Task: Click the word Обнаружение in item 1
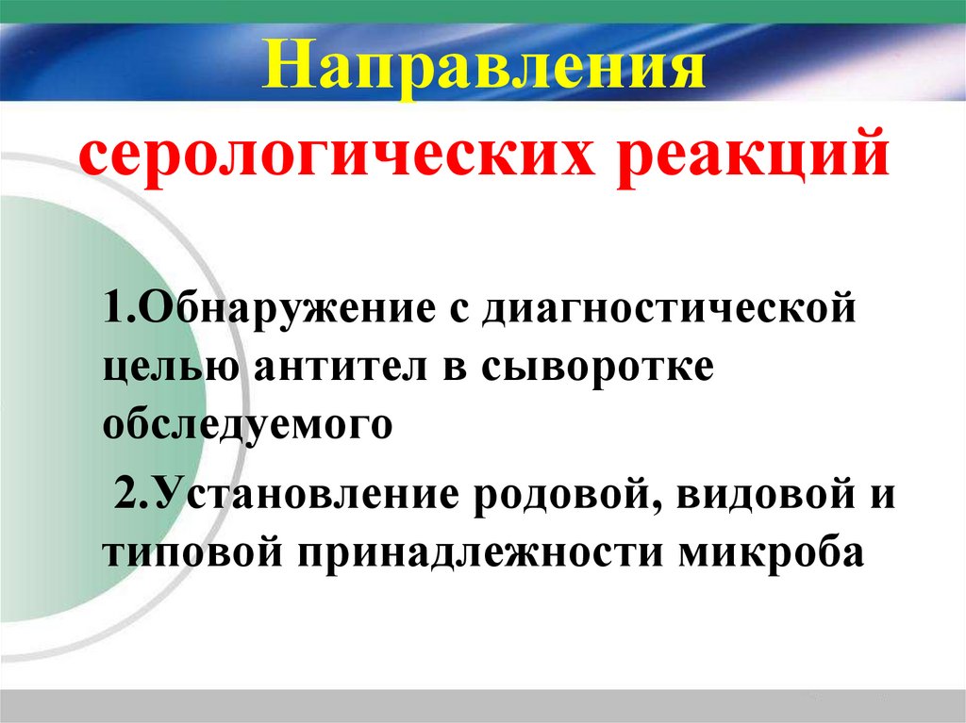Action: coord(281,310)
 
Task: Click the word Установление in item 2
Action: coord(299,494)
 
